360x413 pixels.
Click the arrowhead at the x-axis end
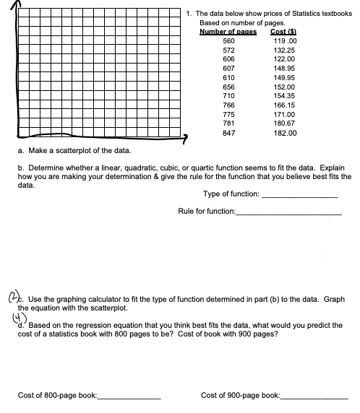[x=185, y=136]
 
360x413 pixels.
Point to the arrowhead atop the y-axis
[x=8, y=5]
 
